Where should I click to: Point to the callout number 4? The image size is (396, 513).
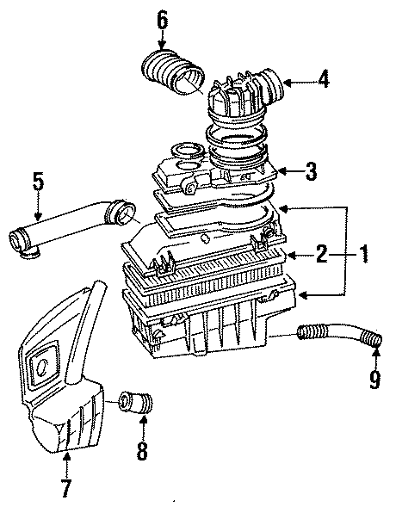point(322,81)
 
